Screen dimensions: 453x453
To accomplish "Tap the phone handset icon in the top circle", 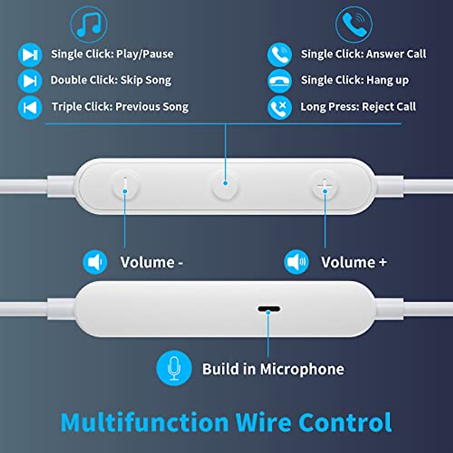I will click(x=354, y=24).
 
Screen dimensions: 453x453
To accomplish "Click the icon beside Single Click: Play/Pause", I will click(x=30, y=55).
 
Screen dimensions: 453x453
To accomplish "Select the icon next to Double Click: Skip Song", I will click(x=30, y=81).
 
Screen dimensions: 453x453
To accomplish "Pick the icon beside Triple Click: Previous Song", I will click(x=30, y=108).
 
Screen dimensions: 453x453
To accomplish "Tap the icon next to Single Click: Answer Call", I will click(x=279, y=55).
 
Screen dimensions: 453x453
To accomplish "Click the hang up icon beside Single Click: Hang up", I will click(x=279, y=81).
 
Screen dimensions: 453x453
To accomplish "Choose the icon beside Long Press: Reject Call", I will click(x=279, y=108).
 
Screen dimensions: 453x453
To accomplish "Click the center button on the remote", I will click(x=225, y=185).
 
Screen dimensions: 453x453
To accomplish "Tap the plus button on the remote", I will click(x=325, y=186).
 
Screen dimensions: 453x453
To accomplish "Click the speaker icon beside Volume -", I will click(x=95, y=262).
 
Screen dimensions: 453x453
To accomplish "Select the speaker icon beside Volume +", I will click(x=296, y=262).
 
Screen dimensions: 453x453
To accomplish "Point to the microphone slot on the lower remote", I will click(x=269, y=309).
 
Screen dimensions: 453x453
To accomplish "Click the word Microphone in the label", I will click(x=302, y=369).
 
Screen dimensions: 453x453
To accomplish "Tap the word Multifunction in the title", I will click(x=145, y=422).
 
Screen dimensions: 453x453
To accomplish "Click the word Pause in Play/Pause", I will click(x=157, y=54).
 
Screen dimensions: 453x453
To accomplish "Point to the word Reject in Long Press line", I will click(x=377, y=107).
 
